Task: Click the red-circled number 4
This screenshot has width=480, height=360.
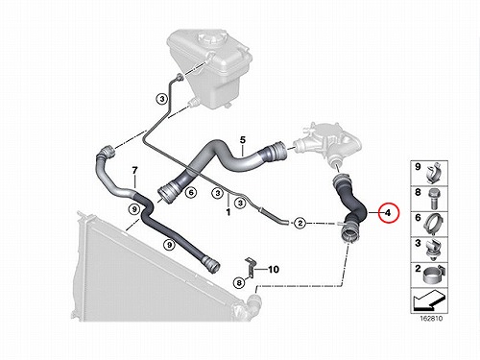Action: pos(388,212)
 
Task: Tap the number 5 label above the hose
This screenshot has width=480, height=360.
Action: pos(243,140)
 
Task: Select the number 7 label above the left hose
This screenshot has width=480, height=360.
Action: pos(134,170)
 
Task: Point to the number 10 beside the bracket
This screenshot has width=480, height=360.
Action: pos(274,270)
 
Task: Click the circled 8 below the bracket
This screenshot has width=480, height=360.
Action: pos(239,282)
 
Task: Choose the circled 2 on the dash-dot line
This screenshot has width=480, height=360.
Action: pos(300,223)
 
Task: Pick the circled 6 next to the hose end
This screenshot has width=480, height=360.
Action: pos(191,193)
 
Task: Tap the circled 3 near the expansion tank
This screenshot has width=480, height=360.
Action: pos(162,99)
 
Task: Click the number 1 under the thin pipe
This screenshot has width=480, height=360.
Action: pos(228,212)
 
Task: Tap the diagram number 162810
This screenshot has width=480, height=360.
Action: pos(431,319)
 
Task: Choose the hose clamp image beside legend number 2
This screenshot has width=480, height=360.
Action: pos(433,276)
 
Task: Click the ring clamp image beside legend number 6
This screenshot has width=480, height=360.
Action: pos(435,224)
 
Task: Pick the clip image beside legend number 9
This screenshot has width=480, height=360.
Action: pos(434,173)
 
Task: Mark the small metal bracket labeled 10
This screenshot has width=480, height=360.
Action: pos(250,267)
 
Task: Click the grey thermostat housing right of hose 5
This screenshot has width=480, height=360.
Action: pos(326,142)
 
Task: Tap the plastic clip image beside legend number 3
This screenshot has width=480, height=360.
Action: pos(433,249)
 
